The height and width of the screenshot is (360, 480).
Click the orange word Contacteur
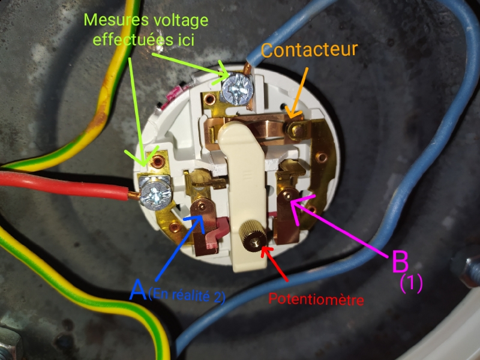click(310, 50)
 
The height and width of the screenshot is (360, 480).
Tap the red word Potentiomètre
click(316, 298)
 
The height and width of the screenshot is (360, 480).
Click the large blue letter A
click(138, 291)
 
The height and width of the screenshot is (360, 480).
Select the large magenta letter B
click(401, 262)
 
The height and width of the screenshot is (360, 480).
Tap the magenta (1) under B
click(412, 283)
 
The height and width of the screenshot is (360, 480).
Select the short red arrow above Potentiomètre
click(275, 262)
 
